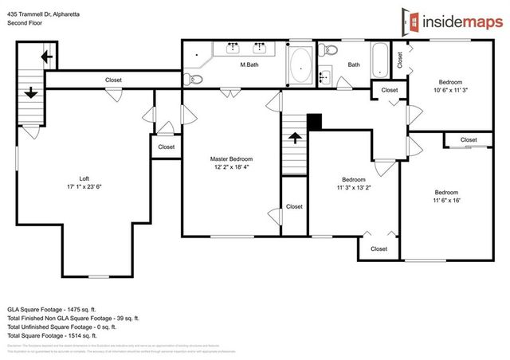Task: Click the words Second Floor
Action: click(25, 22)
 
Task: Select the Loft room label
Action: click(84, 178)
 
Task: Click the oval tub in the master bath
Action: click(300, 68)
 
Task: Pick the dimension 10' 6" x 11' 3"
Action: click(449, 91)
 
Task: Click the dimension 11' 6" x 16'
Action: click(446, 201)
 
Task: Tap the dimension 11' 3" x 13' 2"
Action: click(354, 189)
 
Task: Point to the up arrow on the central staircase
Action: click(294, 137)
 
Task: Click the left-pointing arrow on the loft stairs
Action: click(46, 57)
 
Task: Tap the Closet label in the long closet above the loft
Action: click(114, 80)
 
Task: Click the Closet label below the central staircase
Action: click(294, 206)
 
